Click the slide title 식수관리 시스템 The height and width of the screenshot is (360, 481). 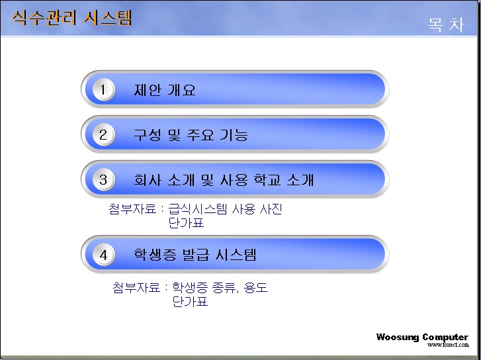71,18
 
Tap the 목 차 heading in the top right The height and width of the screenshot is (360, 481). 446,24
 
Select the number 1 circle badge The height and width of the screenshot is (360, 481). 103,89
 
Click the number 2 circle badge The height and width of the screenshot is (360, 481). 103,135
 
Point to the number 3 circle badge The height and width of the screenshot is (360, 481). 103,179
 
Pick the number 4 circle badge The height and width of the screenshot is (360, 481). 103,255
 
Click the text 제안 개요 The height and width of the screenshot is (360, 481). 165,90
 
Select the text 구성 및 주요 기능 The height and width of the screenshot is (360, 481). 191,135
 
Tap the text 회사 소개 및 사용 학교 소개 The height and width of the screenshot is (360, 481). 224,179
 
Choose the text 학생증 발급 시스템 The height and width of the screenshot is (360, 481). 195,255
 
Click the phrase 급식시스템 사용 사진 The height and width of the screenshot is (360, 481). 225,209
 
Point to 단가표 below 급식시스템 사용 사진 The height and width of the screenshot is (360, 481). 186,223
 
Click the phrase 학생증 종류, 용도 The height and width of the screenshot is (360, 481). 220,288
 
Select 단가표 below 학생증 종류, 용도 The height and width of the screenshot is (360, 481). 190,301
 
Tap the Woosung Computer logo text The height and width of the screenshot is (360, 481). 422,337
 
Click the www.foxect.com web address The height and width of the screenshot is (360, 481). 448,345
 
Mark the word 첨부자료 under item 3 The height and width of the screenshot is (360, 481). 132,209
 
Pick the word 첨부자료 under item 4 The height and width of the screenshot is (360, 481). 136,288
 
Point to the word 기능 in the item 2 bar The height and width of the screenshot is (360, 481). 234,135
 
